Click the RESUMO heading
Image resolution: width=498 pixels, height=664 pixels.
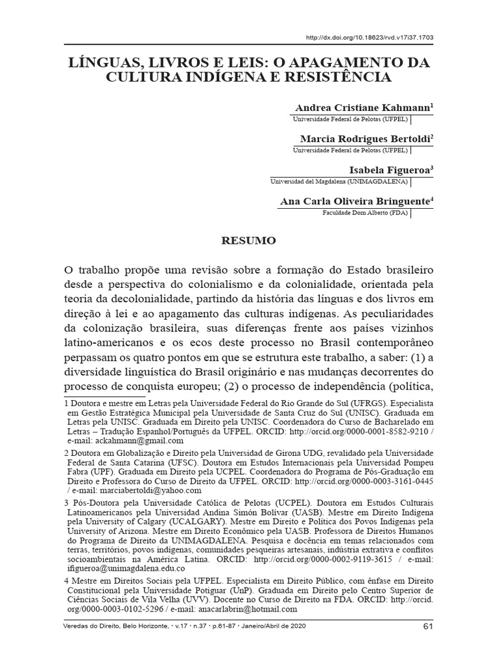[x=250, y=241]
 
